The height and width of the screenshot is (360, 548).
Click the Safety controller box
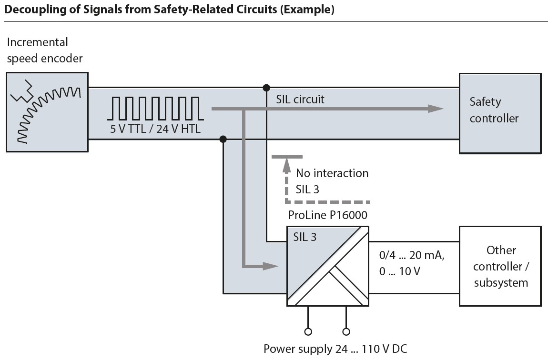click(x=500, y=113)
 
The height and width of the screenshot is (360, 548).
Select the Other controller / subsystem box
click(x=500, y=266)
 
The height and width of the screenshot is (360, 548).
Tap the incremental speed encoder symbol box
click(x=47, y=112)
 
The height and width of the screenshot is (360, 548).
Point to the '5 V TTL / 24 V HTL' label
click(x=156, y=129)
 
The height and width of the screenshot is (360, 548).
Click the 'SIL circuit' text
click(x=300, y=100)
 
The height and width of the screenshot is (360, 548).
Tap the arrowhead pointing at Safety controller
click(x=436, y=109)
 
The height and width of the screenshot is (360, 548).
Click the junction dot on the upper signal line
click(x=266, y=88)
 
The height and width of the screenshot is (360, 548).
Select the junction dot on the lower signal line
click(x=223, y=139)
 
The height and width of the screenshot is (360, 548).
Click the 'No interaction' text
click(x=332, y=173)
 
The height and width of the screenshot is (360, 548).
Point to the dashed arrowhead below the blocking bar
click(x=286, y=164)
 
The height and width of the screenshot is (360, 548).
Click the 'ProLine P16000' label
click(x=328, y=215)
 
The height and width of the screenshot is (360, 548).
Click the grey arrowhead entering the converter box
click(x=271, y=266)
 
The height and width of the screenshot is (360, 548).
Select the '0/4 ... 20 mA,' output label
click(x=410, y=256)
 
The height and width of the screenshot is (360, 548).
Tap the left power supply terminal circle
click(x=308, y=331)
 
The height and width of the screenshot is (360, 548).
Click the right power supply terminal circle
click(x=346, y=331)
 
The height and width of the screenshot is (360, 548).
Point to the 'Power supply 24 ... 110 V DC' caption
click(x=335, y=349)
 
